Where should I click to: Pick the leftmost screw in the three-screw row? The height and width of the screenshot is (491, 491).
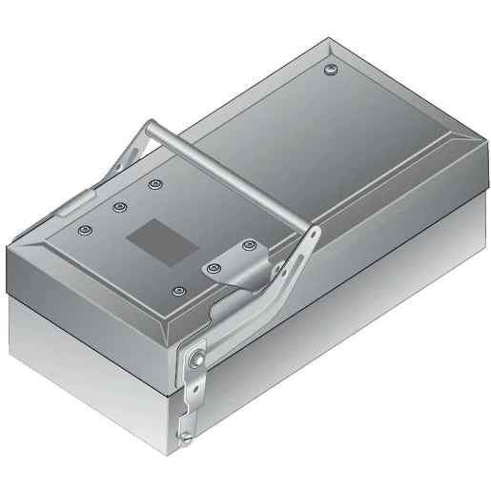point(86,230)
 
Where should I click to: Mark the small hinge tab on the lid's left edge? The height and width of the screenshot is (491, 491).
point(72,202)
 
